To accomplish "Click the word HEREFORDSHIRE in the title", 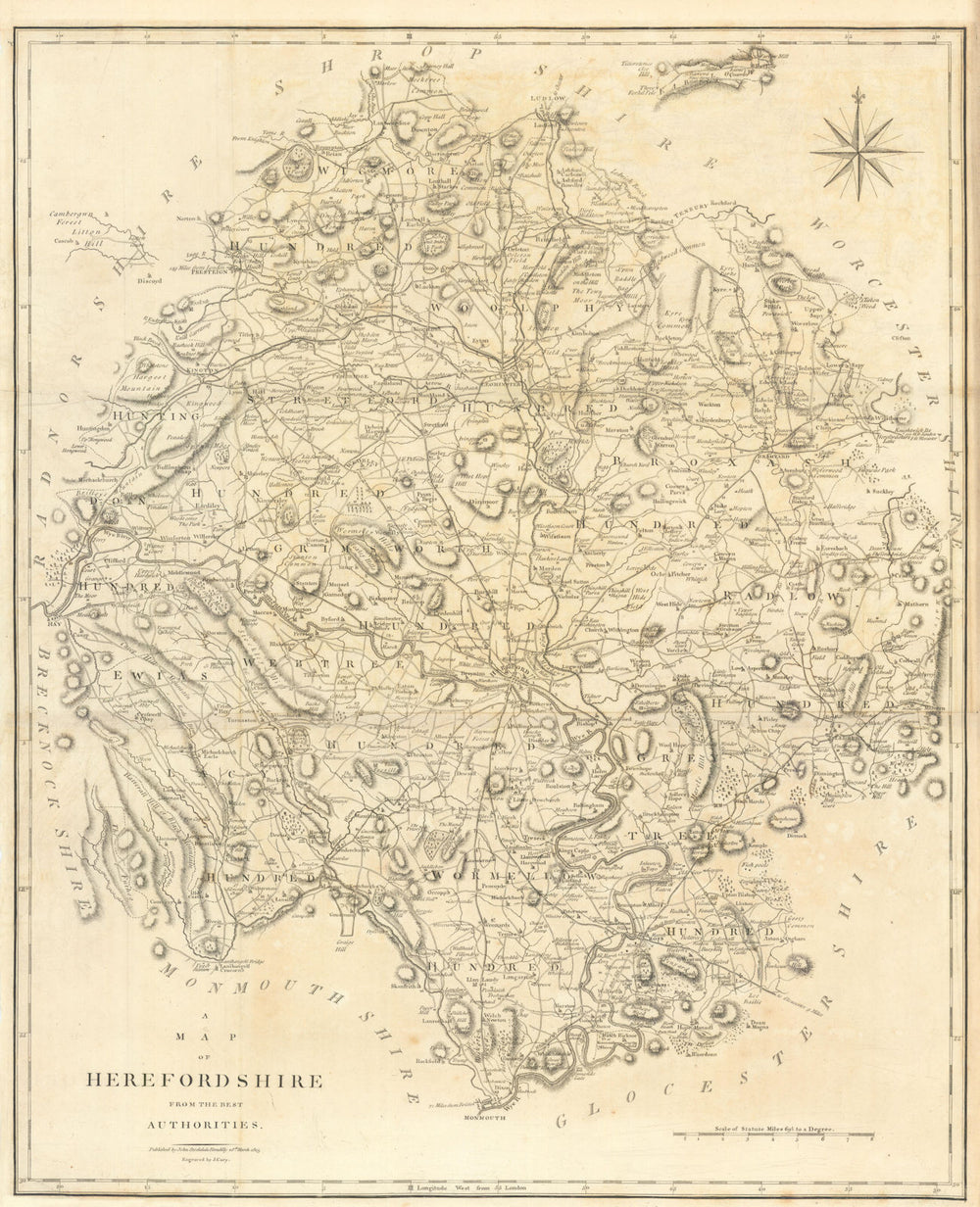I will (204, 1081).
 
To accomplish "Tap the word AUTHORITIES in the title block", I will (205, 1125).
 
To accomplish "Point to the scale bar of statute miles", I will (773, 1136).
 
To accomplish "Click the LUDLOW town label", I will (550, 99).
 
